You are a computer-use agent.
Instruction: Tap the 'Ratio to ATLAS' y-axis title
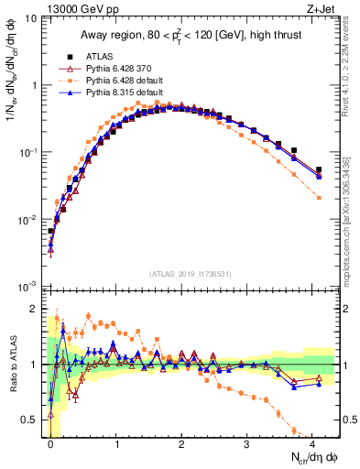point(12,376)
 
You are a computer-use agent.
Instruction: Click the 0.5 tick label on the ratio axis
point(35,420)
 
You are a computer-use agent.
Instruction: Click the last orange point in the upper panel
point(319,198)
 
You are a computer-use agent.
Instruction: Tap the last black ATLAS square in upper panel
point(319,169)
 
